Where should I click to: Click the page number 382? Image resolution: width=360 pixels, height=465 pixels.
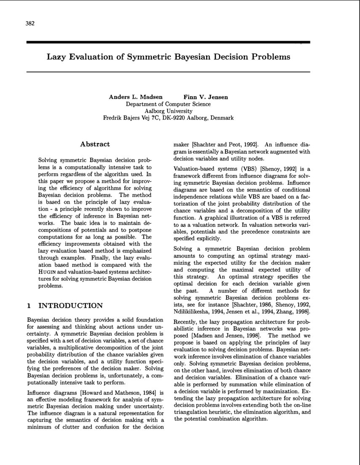click(29, 24)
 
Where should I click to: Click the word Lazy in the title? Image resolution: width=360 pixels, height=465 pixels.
click(56, 56)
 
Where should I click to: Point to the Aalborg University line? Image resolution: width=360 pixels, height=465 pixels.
click(168, 111)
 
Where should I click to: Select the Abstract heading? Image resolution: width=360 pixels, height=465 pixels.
click(95, 144)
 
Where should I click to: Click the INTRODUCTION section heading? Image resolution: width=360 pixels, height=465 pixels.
click(70, 306)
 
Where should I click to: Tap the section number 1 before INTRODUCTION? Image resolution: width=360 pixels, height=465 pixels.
click(28, 306)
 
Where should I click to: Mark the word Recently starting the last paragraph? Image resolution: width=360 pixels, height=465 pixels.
click(187, 322)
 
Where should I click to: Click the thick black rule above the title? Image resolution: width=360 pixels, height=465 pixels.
click(168, 42)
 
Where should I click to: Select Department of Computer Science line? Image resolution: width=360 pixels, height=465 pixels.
click(168, 104)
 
